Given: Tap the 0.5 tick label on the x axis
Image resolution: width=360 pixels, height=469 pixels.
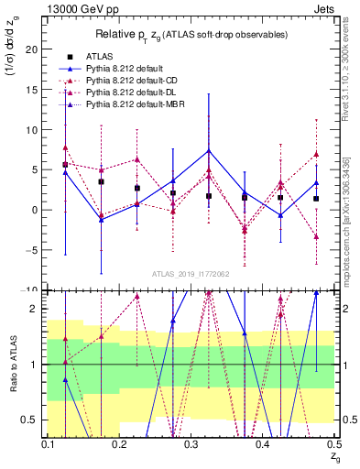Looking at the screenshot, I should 333,445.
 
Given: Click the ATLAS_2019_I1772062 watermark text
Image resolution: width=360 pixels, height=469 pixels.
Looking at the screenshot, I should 191,274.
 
